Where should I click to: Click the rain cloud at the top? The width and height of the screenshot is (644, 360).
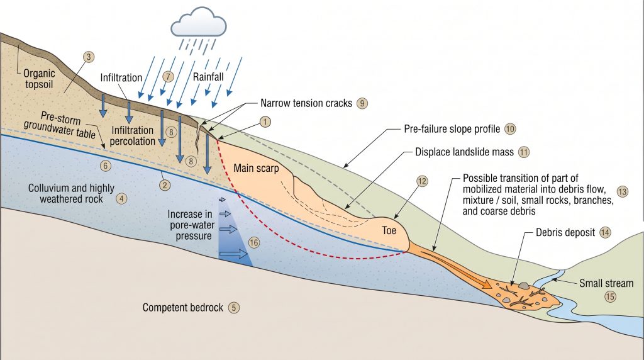(x=198, y=23)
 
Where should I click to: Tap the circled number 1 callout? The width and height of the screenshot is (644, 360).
(x=265, y=121)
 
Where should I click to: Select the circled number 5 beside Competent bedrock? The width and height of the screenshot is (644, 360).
(x=234, y=307)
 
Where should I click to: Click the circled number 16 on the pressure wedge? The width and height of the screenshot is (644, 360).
(x=254, y=242)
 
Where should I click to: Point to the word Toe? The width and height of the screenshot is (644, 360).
(x=389, y=230)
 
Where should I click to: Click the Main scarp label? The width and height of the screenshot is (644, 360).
(x=256, y=167)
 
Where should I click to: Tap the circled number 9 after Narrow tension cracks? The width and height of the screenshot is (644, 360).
(x=362, y=103)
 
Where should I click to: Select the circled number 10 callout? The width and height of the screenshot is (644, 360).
(x=509, y=128)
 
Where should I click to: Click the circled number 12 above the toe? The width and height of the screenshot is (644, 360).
(x=422, y=181)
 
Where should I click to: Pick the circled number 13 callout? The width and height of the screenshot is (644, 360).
(x=622, y=191)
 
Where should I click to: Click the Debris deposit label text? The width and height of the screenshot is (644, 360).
(x=565, y=233)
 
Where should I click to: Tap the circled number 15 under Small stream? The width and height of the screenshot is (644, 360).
(x=610, y=296)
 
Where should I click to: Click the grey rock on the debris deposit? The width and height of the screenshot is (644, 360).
(x=523, y=285)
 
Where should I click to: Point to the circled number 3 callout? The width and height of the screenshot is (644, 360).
(x=88, y=57)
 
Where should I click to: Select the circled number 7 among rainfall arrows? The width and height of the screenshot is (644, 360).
(x=168, y=76)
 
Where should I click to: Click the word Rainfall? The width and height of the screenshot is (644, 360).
(x=208, y=77)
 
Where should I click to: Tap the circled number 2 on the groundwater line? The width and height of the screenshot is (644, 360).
(x=165, y=185)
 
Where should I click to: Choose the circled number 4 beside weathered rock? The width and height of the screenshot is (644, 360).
(x=121, y=198)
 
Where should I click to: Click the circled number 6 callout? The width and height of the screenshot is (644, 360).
(x=106, y=166)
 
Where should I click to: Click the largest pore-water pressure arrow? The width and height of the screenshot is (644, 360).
(x=233, y=254)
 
